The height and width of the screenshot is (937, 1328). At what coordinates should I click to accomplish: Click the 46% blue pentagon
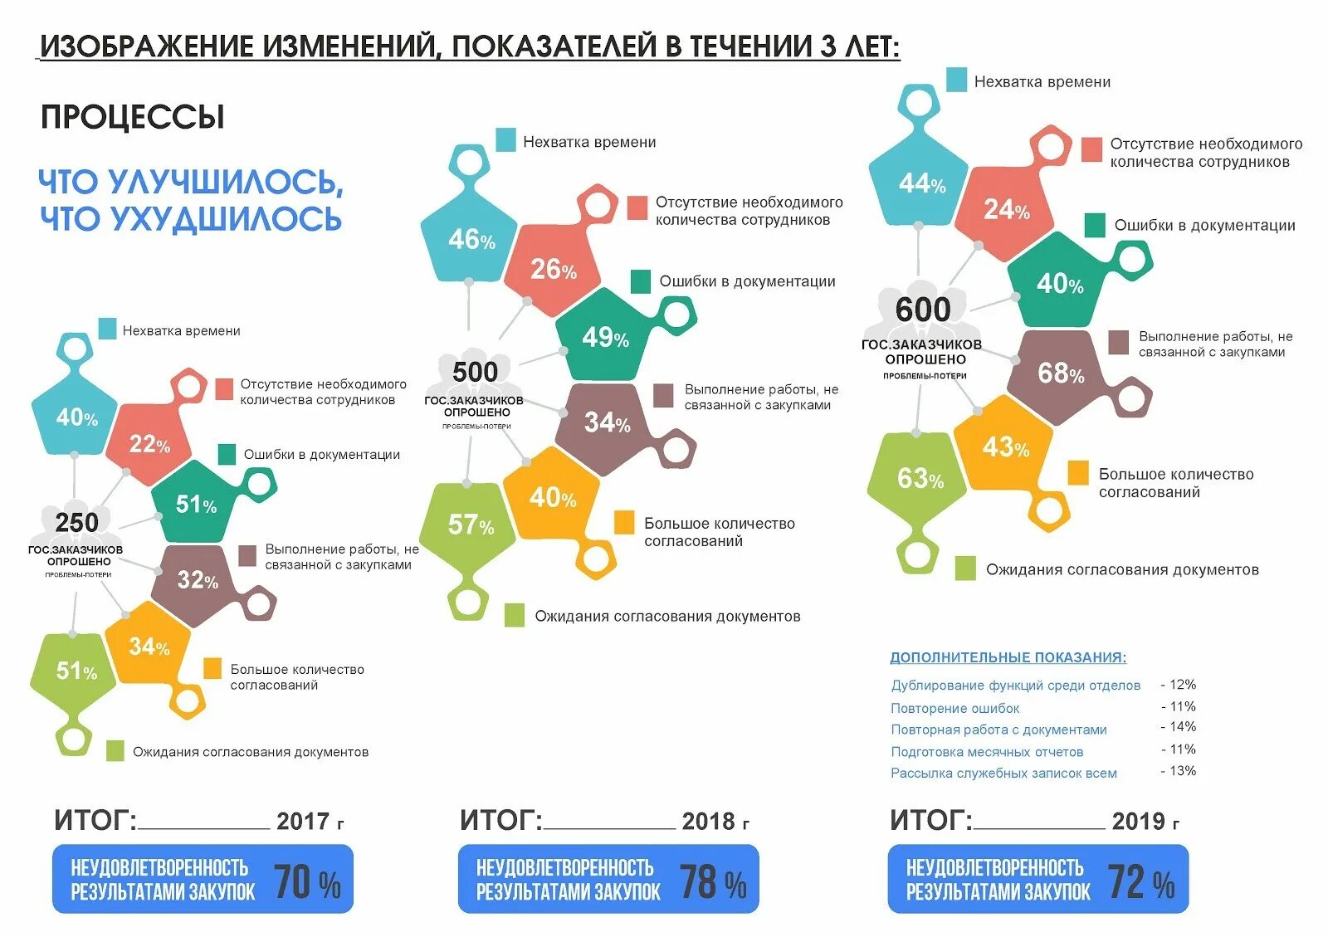coord(471,240)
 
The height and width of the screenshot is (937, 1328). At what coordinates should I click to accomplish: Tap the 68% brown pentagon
coord(1060,373)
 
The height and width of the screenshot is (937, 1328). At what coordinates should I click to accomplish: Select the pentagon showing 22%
coord(149,445)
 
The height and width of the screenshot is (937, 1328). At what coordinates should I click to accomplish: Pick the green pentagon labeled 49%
coord(604,337)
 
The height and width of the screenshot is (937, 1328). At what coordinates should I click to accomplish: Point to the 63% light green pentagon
coord(919,479)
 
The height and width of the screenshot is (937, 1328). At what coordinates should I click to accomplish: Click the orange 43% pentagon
coord(1005,448)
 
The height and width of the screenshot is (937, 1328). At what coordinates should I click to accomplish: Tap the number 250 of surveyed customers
coord(76,523)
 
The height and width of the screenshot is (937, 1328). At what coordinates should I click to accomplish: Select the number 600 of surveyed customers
coord(923,310)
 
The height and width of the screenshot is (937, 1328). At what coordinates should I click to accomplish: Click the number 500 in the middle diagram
coord(475,372)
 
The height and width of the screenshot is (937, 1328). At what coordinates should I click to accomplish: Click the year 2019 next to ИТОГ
coord(1138,822)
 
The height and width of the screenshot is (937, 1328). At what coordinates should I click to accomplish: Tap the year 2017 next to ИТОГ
coord(303,822)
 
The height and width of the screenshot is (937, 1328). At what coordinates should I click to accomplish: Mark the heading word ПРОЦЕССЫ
coord(133,117)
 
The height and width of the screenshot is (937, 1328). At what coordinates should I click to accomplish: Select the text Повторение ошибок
coord(954,709)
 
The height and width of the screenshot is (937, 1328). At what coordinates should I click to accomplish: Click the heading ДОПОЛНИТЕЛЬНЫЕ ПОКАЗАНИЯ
coord(1008,657)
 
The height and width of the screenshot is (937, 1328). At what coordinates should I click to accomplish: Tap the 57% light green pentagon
coord(470,525)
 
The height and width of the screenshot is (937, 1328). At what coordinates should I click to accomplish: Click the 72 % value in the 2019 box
coord(1141,882)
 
